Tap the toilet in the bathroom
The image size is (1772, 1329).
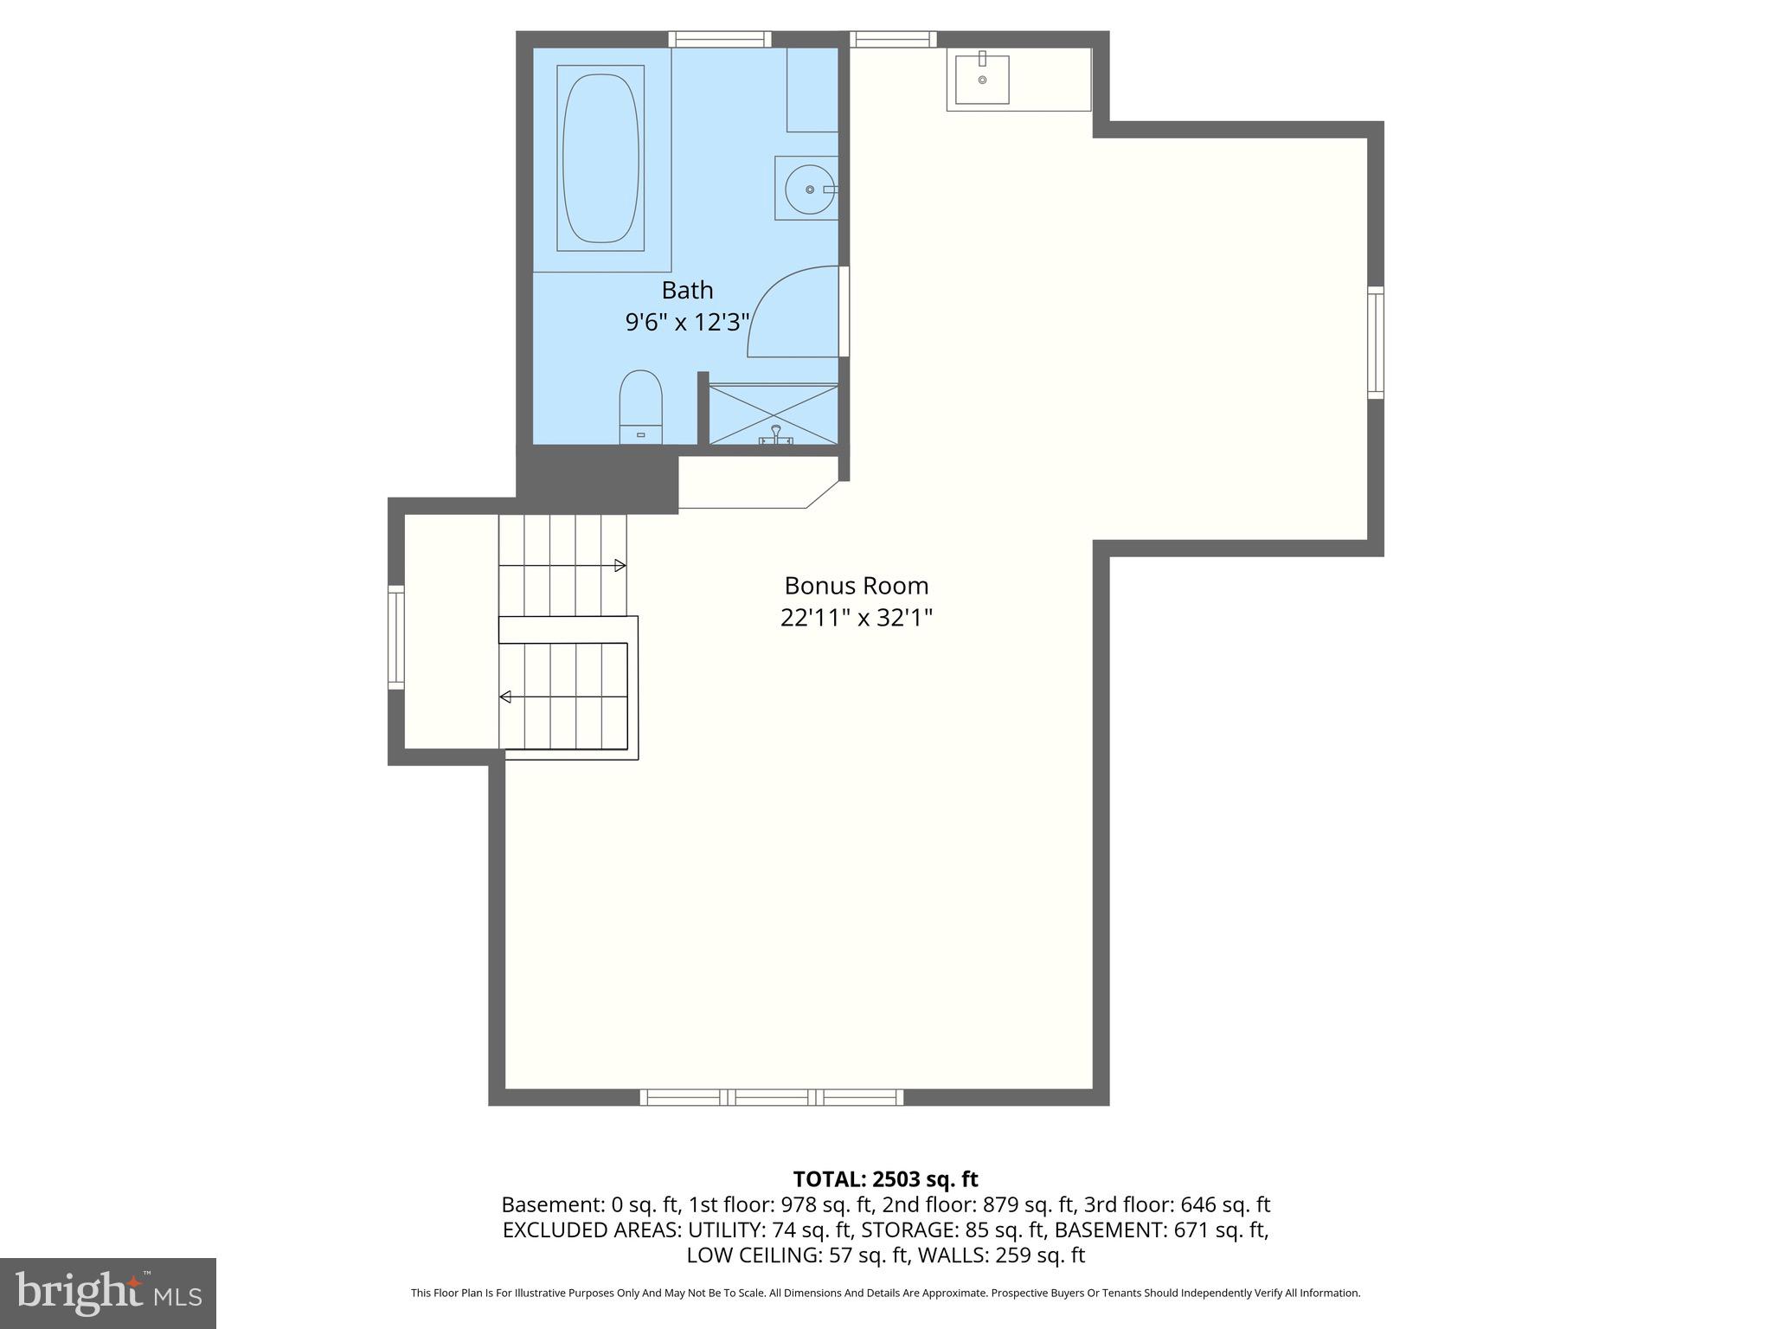(640, 407)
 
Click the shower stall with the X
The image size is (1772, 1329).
(774, 414)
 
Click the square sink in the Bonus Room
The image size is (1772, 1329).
(982, 79)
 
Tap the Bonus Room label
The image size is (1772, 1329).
(856, 586)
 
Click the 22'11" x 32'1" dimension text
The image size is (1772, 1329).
(856, 618)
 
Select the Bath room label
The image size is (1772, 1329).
(687, 289)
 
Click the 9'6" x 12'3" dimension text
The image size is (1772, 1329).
(687, 322)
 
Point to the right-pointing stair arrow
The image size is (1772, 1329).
(620, 565)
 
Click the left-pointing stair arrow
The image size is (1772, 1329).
(505, 697)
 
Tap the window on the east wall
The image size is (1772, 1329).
(1375, 343)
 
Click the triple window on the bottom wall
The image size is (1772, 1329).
(771, 1097)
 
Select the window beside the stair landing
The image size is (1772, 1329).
(395, 637)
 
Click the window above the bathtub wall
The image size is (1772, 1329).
(719, 39)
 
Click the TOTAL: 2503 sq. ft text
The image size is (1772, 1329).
(885, 1179)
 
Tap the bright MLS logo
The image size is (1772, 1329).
(107, 1293)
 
